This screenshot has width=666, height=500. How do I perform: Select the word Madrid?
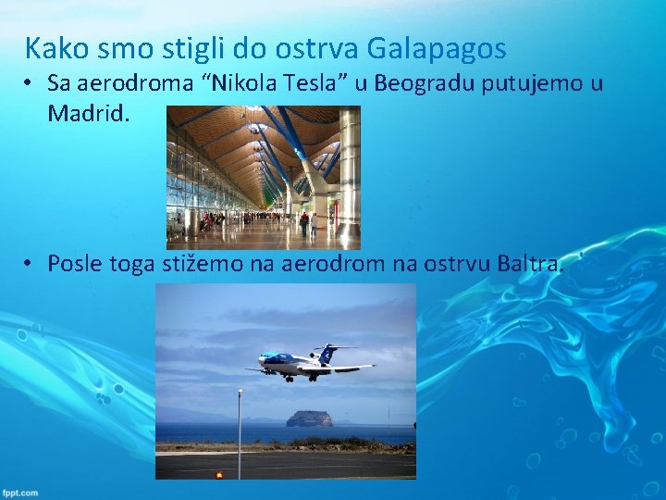[x=85, y=113]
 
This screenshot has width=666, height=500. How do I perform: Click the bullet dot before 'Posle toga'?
[x=31, y=264]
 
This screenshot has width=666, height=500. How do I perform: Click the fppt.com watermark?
[x=19, y=493]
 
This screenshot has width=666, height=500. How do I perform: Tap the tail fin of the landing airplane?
[x=326, y=353]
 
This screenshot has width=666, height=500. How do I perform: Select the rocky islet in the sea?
[x=309, y=419]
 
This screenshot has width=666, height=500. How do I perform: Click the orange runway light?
[x=219, y=474]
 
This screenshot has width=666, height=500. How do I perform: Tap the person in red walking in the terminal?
[x=303, y=220]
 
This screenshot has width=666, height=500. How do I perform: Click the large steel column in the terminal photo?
[x=349, y=167]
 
